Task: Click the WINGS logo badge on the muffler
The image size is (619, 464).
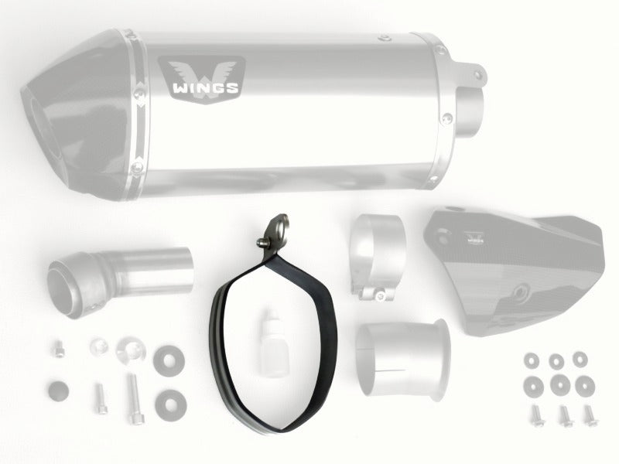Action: point(202,79)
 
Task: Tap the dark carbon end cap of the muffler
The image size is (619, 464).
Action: point(79,114)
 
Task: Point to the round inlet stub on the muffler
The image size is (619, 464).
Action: point(470,111)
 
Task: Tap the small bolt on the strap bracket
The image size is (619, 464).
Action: point(262,243)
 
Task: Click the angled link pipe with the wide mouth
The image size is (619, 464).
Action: point(118,280)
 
